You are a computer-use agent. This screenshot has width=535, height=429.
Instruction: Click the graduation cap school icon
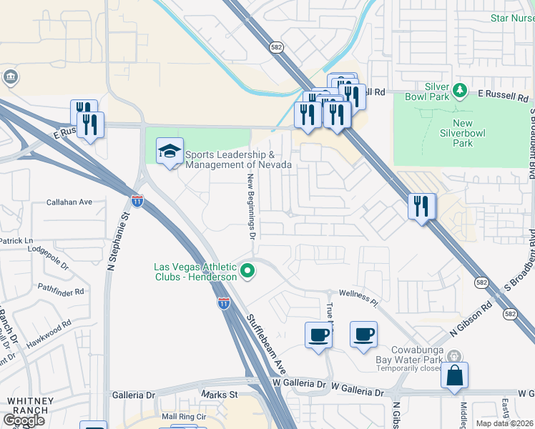[170, 151]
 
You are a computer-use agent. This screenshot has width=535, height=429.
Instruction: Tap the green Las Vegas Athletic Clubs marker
[247, 271]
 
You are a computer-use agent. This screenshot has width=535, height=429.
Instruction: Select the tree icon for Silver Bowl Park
[461, 90]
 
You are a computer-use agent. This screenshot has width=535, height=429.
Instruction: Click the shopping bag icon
[454, 375]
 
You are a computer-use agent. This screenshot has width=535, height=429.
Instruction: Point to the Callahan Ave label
[69, 202]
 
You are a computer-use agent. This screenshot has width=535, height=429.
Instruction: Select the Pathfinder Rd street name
[61, 292]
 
